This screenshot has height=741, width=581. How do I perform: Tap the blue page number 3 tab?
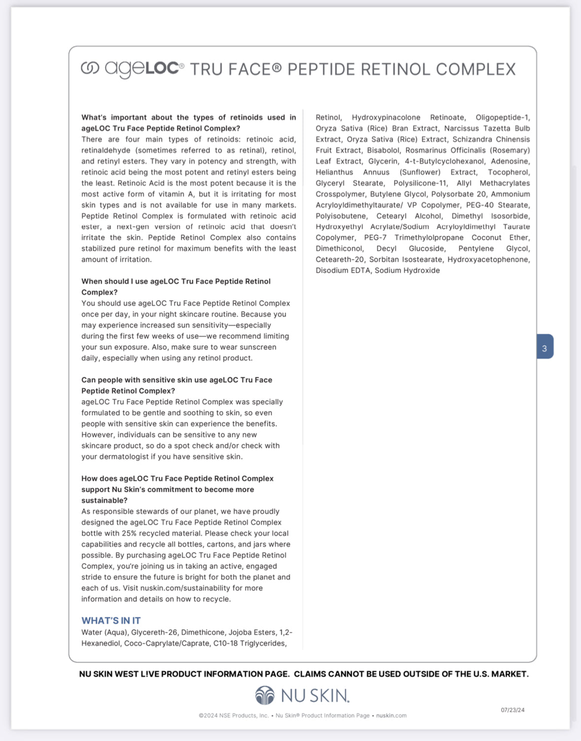pos(545,348)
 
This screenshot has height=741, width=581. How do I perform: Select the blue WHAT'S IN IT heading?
pos(111,620)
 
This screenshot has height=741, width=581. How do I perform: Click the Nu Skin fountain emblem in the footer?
pos(265,695)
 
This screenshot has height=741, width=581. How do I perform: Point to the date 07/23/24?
pos(513,710)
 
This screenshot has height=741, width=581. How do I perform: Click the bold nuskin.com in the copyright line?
pos(391,715)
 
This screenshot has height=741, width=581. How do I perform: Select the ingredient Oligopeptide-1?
pos(503,117)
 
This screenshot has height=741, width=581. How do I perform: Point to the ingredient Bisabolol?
pos(383,150)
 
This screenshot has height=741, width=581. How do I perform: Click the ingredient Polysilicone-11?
pos(420,183)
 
